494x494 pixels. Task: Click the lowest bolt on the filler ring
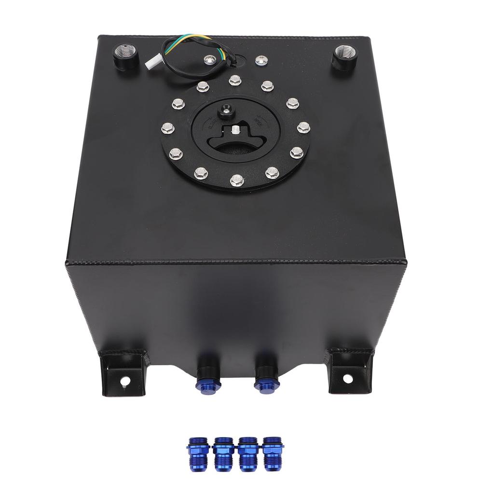[x=236, y=180]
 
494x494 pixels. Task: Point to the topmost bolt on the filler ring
[x=235, y=80]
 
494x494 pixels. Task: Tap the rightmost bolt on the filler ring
[x=302, y=128]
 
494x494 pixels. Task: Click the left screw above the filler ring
[x=209, y=59]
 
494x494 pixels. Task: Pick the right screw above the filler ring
[x=261, y=59]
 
